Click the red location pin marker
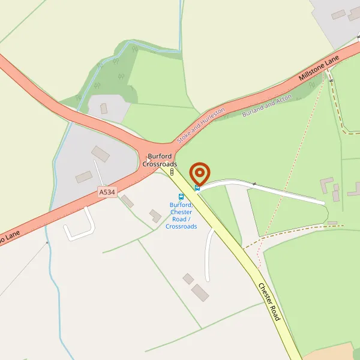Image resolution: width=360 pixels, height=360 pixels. click(x=199, y=173)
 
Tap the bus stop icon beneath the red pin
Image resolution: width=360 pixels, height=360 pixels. click(x=197, y=188)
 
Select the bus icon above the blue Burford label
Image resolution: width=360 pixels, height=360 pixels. click(x=181, y=196)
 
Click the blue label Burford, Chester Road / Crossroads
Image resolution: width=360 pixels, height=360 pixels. click(x=181, y=215)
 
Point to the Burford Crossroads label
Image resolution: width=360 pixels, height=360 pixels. click(x=160, y=160)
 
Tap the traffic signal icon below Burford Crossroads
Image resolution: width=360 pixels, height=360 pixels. click(x=172, y=173)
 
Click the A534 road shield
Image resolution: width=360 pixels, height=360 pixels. click(x=107, y=191)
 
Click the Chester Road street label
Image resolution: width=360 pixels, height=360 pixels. click(x=269, y=301)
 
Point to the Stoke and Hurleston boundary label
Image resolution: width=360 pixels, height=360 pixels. click(x=200, y=125)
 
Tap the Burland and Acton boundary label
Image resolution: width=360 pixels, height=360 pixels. click(x=266, y=105)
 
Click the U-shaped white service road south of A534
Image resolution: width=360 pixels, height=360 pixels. click(x=80, y=226)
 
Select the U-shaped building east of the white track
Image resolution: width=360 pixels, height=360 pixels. click(x=328, y=187)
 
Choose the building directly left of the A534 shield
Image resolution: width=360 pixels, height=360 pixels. click(x=84, y=176)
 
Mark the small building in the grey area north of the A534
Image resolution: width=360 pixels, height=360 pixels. click(x=103, y=109)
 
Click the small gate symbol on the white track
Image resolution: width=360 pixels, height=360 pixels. click(x=254, y=183)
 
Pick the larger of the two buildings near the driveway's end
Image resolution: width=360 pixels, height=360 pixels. click(x=200, y=293)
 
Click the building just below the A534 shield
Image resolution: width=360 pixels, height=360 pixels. click(x=127, y=201)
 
